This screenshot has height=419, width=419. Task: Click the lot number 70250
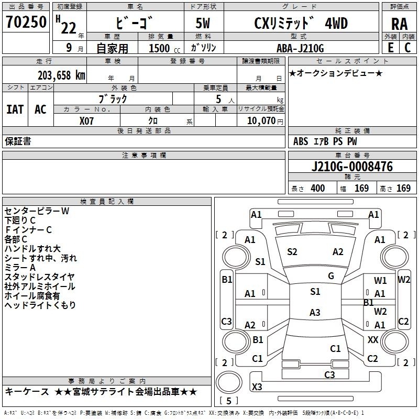(26, 21)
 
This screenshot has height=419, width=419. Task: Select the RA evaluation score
(400, 24)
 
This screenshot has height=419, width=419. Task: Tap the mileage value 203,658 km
(61, 75)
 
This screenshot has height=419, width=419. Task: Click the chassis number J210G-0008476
(352, 166)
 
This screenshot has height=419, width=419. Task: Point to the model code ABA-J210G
(300, 48)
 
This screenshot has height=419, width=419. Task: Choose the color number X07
(86, 121)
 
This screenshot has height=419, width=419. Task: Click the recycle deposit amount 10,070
(261, 120)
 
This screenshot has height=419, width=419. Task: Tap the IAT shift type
(15, 109)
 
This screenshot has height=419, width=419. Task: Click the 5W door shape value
(203, 23)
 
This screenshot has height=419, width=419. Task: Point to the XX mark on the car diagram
(373, 339)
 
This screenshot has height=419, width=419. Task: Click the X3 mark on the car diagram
(257, 387)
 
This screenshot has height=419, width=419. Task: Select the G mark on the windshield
(331, 276)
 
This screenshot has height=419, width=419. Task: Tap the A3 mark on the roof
(315, 312)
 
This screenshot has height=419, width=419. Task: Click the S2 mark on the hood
(292, 252)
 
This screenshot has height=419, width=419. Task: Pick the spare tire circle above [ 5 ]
(229, 382)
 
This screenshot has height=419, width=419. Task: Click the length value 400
(318, 188)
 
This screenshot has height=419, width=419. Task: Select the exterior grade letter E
(391, 48)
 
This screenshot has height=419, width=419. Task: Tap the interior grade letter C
(408, 48)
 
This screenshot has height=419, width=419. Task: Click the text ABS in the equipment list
(301, 141)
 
